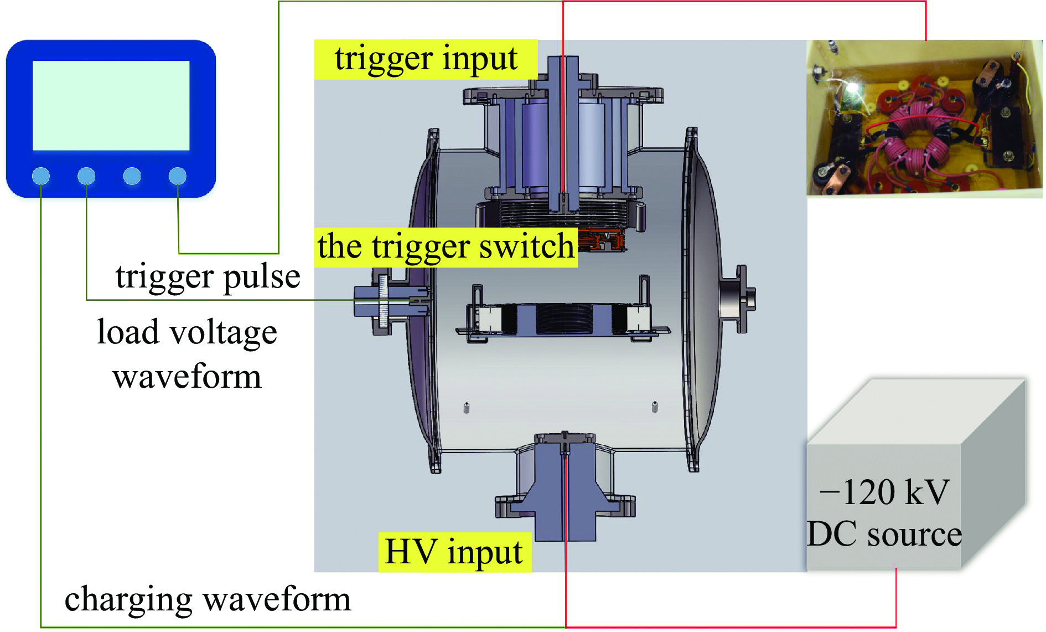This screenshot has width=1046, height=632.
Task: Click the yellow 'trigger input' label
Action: coord(426,59)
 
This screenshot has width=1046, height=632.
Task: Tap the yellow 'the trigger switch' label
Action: coord(446,247)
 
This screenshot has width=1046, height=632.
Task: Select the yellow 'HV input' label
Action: coord(454,552)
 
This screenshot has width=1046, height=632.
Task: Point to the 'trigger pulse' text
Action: coord(208,276)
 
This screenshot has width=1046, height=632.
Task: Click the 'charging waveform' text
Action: coord(208,599)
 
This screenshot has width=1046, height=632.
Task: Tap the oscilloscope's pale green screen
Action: coord(111,105)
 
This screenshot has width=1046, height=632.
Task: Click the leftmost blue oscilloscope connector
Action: coord(41,176)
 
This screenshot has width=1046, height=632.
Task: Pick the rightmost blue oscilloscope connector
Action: coord(177,176)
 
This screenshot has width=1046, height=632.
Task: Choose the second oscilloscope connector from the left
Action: coord(86,176)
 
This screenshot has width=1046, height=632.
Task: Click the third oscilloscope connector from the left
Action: coord(132,176)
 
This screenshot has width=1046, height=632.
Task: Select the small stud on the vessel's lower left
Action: coord(467,408)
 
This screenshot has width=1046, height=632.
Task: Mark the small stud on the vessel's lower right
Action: coord(655,407)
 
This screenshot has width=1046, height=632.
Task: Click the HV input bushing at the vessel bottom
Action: coord(565,487)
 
